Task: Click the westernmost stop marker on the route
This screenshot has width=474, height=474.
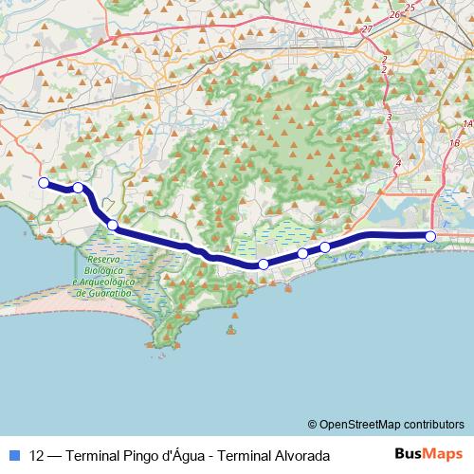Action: [43, 182]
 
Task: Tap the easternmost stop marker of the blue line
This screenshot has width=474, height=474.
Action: [430, 236]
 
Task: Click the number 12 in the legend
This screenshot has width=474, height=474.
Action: [37, 455]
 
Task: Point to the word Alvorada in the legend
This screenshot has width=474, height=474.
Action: [301, 455]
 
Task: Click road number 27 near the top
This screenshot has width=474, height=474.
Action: [366, 29]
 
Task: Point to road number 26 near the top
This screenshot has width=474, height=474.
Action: [394, 15]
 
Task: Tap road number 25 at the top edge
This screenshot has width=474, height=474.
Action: [410, 7]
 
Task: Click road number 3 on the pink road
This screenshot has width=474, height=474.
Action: [389, 116]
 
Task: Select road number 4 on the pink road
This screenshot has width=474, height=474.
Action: [397, 164]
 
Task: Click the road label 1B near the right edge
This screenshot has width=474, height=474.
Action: [455, 142]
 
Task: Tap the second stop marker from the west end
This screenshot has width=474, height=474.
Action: [78, 188]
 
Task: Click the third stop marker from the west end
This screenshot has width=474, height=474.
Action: [112, 226]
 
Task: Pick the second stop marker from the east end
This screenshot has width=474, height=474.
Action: [325, 247]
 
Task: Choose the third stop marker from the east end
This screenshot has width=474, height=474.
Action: [302, 253]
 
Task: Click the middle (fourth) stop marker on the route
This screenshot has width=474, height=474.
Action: [264, 264]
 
